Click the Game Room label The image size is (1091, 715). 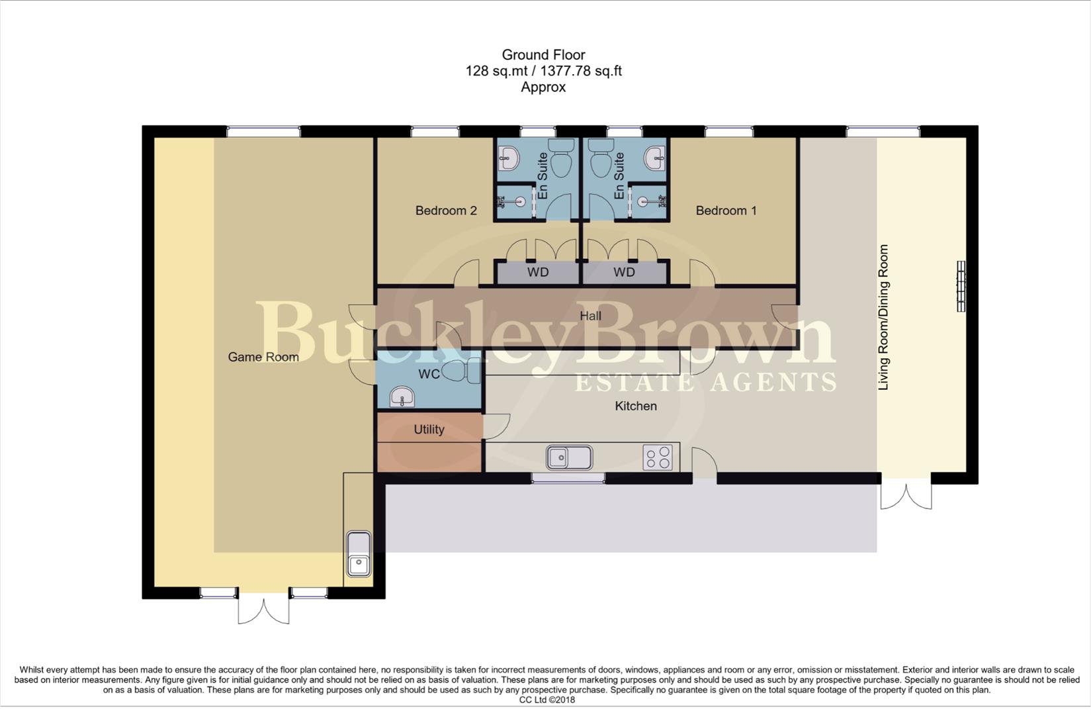pos(263,357)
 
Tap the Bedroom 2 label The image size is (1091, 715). pos(445,211)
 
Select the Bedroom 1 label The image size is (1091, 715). pos(726,211)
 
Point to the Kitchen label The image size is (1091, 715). pos(635,406)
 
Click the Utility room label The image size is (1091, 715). pos(429,429)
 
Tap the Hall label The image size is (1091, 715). pos(590,316)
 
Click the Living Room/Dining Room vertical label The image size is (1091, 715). pos(883,317)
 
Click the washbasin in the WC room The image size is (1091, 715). pos(402,398)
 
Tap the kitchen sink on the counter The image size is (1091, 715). pos(569,457)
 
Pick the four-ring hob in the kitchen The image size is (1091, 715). pos(658,457)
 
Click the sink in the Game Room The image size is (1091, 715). pos(359,554)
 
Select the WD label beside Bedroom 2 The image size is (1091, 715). pos(538,272)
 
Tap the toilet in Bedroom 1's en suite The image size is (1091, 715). pos(601,161)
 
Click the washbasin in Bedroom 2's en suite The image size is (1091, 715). pos(509,157)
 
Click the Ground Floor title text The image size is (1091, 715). pos(543,55)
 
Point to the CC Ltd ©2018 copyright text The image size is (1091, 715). pos(546,700)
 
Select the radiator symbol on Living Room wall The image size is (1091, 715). pos(961,286)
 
